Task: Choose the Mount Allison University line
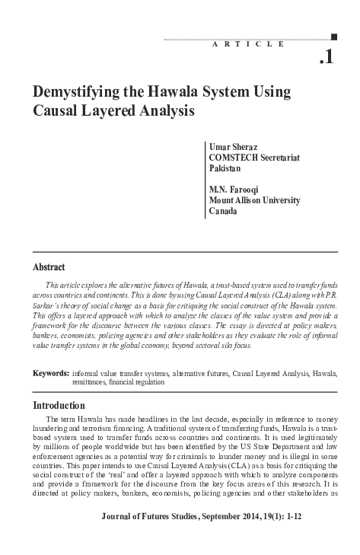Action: pos(254,200)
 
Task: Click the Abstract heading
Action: pos(49,267)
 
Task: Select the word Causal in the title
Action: pos(56,111)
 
